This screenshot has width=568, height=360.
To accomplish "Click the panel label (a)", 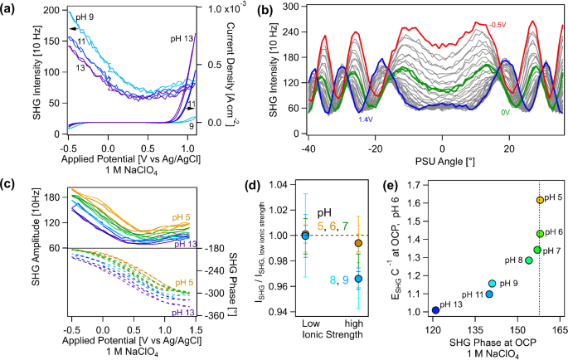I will pyautogui.click(x=10, y=8).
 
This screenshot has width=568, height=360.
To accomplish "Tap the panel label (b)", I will pyautogui.click(x=279, y=8).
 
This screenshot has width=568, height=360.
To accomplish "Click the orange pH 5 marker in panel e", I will pyautogui.click(x=540, y=200).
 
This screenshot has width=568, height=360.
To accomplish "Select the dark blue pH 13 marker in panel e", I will pyautogui.click(x=435, y=310).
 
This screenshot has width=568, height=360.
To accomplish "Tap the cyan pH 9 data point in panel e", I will pyautogui.click(x=493, y=284).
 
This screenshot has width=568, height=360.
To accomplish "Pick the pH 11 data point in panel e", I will pyautogui.click(x=488, y=294).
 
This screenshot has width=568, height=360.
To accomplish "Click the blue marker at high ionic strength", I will pyautogui.click(x=357, y=279).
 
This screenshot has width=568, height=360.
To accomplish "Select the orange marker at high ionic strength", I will pyautogui.click(x=357, y=243).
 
